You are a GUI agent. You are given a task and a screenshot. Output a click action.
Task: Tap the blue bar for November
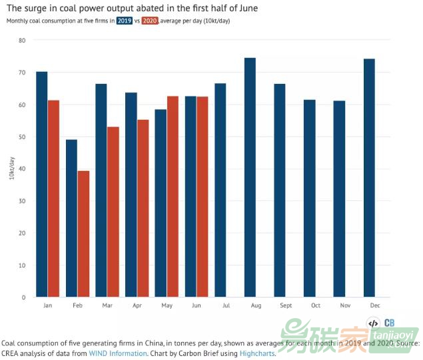[339, 199]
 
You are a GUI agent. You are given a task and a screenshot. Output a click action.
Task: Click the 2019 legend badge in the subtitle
[125, 21]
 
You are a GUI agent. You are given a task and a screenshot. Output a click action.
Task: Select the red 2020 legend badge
[151, 21]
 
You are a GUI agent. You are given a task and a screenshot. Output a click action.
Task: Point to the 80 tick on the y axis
[21, 41]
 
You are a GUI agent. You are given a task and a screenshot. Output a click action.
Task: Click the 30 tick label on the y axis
[21, 201]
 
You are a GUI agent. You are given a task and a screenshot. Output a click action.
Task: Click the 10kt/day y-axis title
[9, 169]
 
